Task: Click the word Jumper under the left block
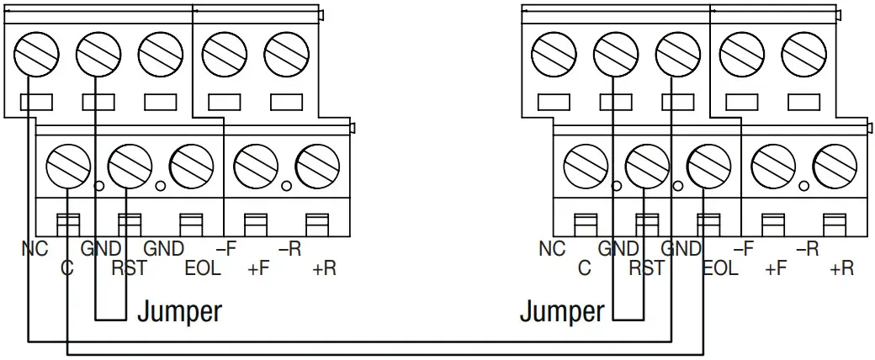pos(180,311)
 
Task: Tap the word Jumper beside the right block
pos(561,311)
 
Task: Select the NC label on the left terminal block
pos(34,249)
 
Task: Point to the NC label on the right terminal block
pos(552,249)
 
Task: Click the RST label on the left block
pos(129,269)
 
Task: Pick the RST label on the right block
pos(647,269)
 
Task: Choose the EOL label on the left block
pos(203,269)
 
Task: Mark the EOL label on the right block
pos(720,269)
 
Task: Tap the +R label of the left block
pos(323,269)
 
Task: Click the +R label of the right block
pos(841,269)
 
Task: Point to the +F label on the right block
pos(776,269)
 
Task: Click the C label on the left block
pos(67,269)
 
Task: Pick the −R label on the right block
pos(807,249)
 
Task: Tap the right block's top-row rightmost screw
pos(799,55)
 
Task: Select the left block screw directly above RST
pos(129,162)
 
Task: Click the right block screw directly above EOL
pos(708,162)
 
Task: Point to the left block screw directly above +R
pos(316,162)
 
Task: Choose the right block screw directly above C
pos(584,162)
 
